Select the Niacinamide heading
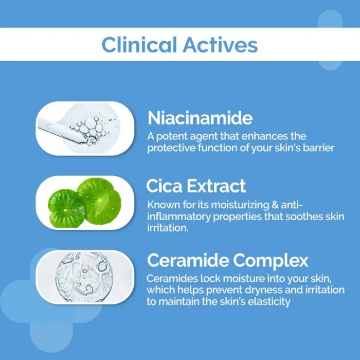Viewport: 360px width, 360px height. point(200,118)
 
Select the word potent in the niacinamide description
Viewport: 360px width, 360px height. point(172,137)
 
